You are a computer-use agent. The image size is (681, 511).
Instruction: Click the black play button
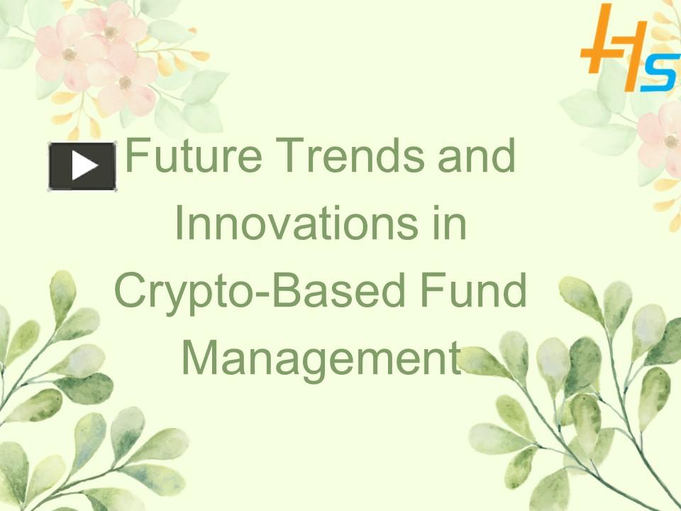pyautogui.click(x=82, y=166)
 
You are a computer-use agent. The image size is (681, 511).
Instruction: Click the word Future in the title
pyautogui.click(x=194, y=155)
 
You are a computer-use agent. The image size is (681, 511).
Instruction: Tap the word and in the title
pyautogui.click(x=477, y=155)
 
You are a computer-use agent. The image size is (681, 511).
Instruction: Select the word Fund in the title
pyautogui.click(x=473, y=290)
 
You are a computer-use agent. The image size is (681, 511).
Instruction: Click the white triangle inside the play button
pyautogui.click(x=84, y=165)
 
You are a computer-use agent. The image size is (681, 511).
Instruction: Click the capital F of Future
pyautogui.click(x=138, y=155)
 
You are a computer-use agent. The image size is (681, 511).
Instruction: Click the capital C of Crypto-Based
pyautogui.click(x=131, y=290)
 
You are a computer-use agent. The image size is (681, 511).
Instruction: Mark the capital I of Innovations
pyautogui.click(x=179, y=222)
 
